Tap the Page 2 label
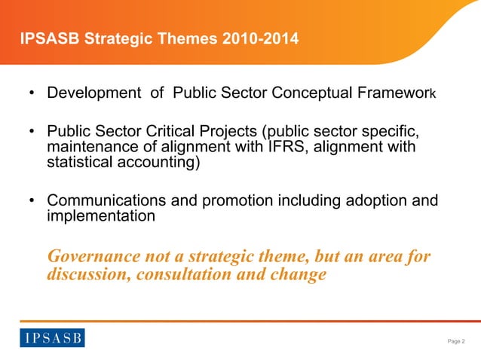(456, 341)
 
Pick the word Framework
(398, 95)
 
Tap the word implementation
(101, 216)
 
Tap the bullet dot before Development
(32, 96)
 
